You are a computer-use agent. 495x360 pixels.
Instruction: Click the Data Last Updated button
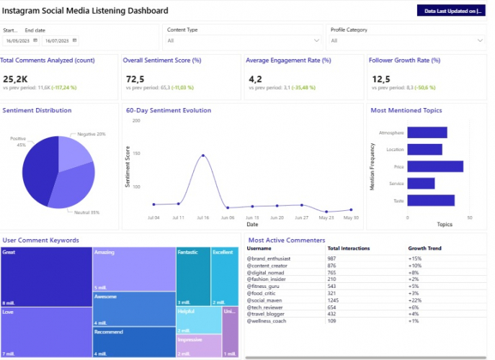point(452,11)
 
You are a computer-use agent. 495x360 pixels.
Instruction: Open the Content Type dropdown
point(244,41)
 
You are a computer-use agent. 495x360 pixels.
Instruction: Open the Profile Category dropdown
point(407,41)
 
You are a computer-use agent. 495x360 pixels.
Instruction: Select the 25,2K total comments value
point(15,78)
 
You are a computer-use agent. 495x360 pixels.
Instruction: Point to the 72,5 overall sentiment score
point(135,78)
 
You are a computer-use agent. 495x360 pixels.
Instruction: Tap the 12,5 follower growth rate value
point(381,78)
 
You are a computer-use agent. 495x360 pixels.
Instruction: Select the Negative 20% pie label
point(91,134)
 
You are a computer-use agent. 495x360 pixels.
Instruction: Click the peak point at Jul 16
point(203,155)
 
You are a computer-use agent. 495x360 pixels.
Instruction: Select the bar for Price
point(435,166)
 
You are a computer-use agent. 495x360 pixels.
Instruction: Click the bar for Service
point(421,184)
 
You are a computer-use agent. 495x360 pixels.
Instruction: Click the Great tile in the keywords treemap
point(46,277)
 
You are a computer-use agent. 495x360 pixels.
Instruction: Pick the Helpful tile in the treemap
point(198,319)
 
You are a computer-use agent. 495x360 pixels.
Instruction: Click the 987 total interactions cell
point(332,258)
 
